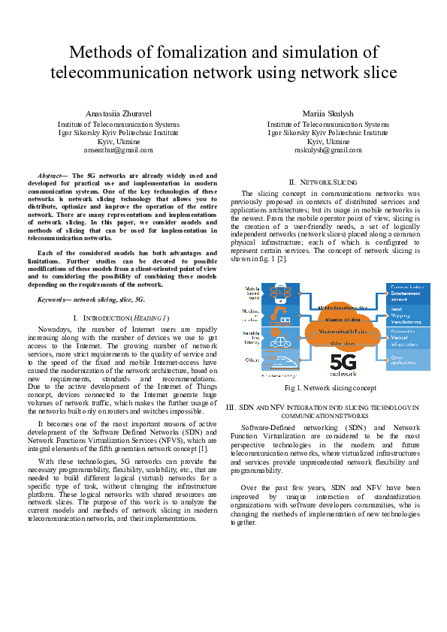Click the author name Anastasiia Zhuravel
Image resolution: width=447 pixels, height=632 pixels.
(119, 113)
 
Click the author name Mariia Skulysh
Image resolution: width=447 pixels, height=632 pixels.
(328, 113)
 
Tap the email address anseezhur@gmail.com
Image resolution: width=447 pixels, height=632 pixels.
(119, 149)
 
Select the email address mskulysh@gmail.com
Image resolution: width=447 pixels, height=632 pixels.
(328, 149)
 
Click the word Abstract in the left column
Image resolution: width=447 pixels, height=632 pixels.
(50, 175)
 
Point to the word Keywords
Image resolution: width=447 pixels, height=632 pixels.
(52, 299)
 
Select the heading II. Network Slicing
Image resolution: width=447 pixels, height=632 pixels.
(328, 182)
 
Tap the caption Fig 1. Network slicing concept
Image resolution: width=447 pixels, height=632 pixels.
(331, 388)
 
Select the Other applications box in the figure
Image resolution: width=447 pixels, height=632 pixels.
(407, 360)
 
